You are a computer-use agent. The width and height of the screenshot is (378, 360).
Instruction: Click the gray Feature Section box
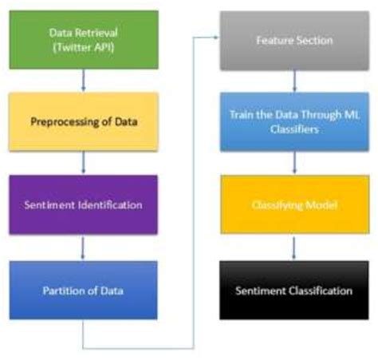click(x=294, y=39)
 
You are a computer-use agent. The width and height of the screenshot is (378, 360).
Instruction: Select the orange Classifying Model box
click(x=294, y=205)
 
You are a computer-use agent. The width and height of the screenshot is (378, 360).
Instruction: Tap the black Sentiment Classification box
click(x=294, y=291)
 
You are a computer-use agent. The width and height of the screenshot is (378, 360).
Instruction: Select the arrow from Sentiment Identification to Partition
click(x=83, y=247)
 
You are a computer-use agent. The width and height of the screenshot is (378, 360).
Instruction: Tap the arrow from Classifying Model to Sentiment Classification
click(x=295, y=247)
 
